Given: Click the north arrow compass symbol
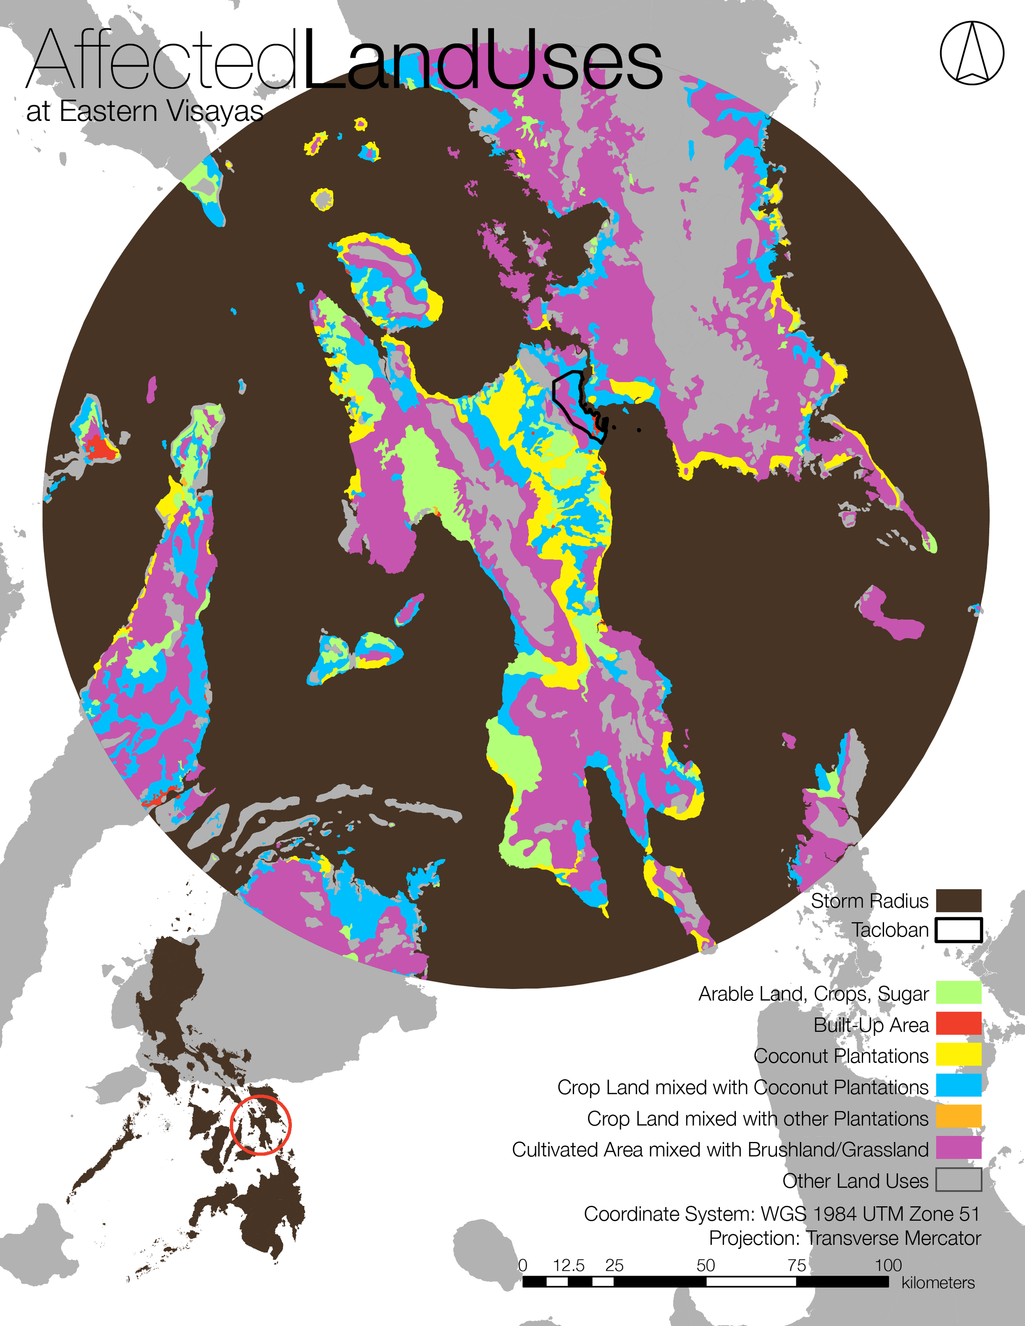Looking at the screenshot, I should click(972, 53).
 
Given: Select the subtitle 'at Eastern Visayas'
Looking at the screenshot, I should click(144, 111).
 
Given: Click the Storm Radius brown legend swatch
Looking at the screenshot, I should click(958, 901).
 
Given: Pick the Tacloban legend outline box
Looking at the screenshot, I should click(958, 930).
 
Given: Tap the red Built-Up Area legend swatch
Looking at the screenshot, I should click(958, 1023).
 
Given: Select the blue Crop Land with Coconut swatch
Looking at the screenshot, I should click(958, 1085).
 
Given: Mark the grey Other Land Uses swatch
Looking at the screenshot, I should click(958, 1180).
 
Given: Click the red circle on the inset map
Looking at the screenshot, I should click(261, 1124).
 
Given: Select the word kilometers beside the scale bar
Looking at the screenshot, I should click(938, 1282).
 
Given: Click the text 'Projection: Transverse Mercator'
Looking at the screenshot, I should click(845, 1238).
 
